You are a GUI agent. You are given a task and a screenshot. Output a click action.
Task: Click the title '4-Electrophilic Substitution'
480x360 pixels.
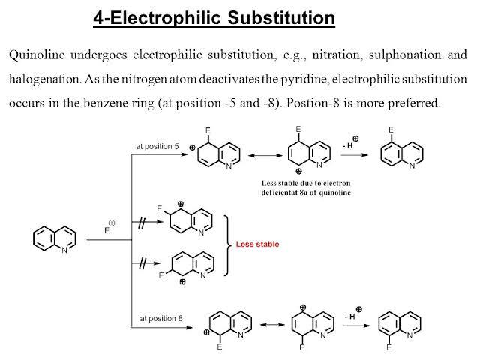coord(214,17)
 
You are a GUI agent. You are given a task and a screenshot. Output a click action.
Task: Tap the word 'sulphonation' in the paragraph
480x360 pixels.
coord(390,55)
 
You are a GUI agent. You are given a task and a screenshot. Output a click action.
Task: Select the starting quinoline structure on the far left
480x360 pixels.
coord(55,239)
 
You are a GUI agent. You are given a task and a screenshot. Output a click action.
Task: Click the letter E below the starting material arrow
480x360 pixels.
coord(106,230)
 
